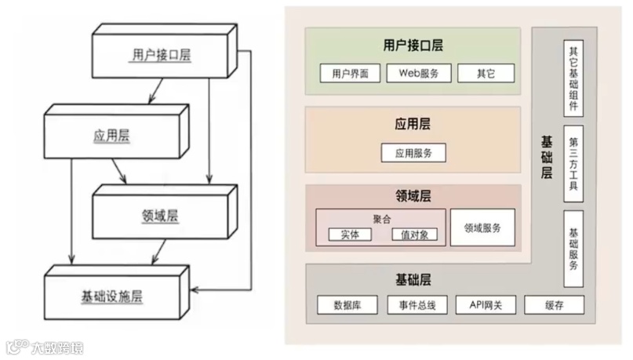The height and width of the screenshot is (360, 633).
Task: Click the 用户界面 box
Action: (350, 74)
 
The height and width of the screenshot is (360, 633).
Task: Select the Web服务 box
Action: (419, 74)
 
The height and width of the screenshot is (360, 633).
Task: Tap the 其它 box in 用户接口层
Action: (486, 74)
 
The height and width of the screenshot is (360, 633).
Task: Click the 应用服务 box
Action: (413, 152)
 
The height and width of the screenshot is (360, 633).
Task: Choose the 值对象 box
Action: (415, 234)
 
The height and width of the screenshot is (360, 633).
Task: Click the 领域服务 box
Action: (482, 227)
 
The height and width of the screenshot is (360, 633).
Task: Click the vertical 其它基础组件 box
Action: (573, 76)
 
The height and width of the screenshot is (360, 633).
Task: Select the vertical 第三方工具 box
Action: (573, 162)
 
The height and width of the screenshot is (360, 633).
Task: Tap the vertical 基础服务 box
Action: (573, 247)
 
